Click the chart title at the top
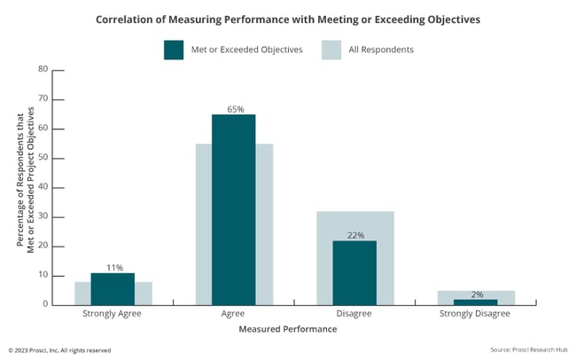click(288, 18)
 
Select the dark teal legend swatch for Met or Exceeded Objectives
click(174, 50)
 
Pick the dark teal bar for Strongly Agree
click(112, 288)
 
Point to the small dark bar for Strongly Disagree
click(476, 301)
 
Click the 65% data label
click(233, 108)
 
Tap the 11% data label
click(113, 267)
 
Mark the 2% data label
click(477, 293)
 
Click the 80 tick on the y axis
click(43, 69)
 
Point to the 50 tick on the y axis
click(43, 158)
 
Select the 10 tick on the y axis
click(43, 275)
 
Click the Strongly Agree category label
click(112, 314)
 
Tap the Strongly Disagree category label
click(476, 314)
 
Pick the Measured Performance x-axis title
click(288, 329)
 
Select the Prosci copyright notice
click(59, 350)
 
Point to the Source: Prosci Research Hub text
click(528, 350)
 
